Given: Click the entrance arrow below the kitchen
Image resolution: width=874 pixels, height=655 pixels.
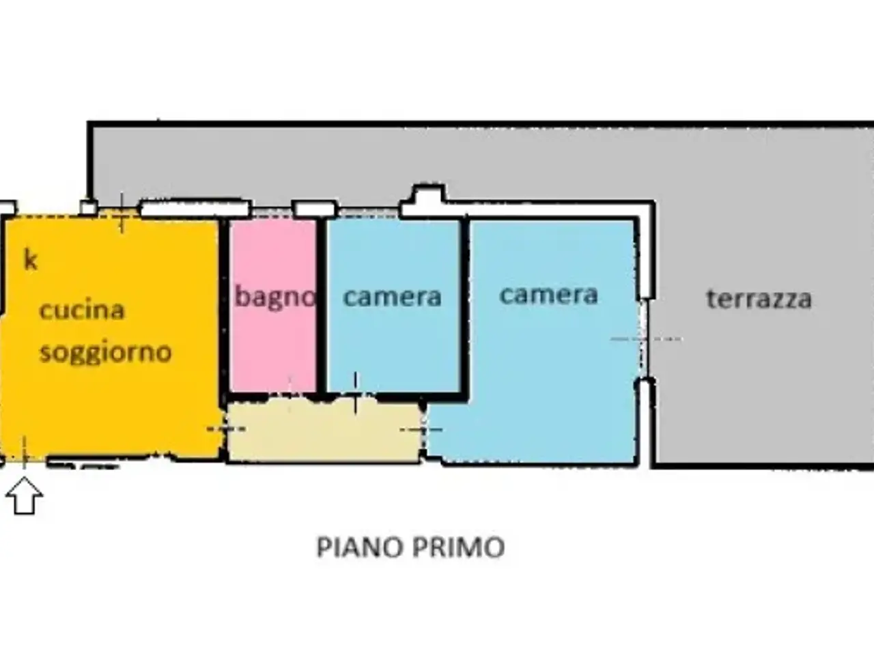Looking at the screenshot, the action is pyautogui.click(x=24, y=495).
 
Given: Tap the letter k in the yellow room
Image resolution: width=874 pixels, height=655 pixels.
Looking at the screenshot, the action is pyautogui.click(x=30, y=260).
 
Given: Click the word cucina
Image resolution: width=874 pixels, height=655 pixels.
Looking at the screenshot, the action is pyautogui.click(x=82, y=310).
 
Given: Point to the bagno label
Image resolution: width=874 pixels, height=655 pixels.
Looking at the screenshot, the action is pyautogui.click(x=274, y=297).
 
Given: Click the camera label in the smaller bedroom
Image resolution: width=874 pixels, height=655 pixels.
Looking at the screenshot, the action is pyautogui.click(x=392, y=297).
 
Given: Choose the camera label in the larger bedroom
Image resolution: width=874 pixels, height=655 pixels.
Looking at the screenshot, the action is pyautogui.click(x=549, y=295).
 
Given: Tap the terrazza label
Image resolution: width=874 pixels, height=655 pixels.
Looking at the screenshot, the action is pyautogui.click(x=759, y=299).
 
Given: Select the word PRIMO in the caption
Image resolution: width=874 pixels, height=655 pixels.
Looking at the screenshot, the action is pyautogui.click(x=458, y=547).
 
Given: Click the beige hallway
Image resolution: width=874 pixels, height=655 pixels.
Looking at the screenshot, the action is pyautogui.click(x=324, y=431).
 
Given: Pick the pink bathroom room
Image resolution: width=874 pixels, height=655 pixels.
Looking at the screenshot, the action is pyautogui.click(x=273, y=306).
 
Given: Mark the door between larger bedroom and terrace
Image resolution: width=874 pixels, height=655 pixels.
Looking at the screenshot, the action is pyautogui.click(x=643, y=339).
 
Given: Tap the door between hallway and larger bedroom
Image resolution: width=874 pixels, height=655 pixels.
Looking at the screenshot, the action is pyautogui.click(x=423, y=430).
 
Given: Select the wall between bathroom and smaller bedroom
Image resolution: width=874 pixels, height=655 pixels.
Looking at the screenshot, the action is pyautogui.click(x=322, y=306).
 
